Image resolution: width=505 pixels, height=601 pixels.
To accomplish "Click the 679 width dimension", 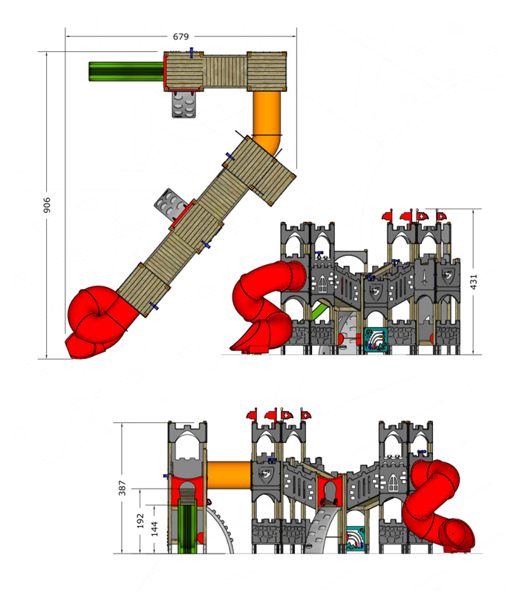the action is (x=180, y=36).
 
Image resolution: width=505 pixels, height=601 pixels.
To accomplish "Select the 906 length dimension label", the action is (x=47, y=205).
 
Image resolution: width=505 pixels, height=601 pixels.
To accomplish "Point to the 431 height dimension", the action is (x=474, y=282).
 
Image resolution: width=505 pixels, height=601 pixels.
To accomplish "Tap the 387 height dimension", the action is (x=122, y=488).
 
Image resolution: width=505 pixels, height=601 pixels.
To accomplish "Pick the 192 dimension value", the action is (x=140, y=521).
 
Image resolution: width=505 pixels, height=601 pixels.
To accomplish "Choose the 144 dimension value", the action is (x=154, y=528).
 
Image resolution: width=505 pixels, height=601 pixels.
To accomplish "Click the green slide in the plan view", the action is (x=126, y=72).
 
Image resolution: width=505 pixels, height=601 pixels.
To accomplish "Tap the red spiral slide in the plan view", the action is (x=100, y=322).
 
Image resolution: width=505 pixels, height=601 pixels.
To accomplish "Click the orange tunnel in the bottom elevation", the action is (x=229, y=476).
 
